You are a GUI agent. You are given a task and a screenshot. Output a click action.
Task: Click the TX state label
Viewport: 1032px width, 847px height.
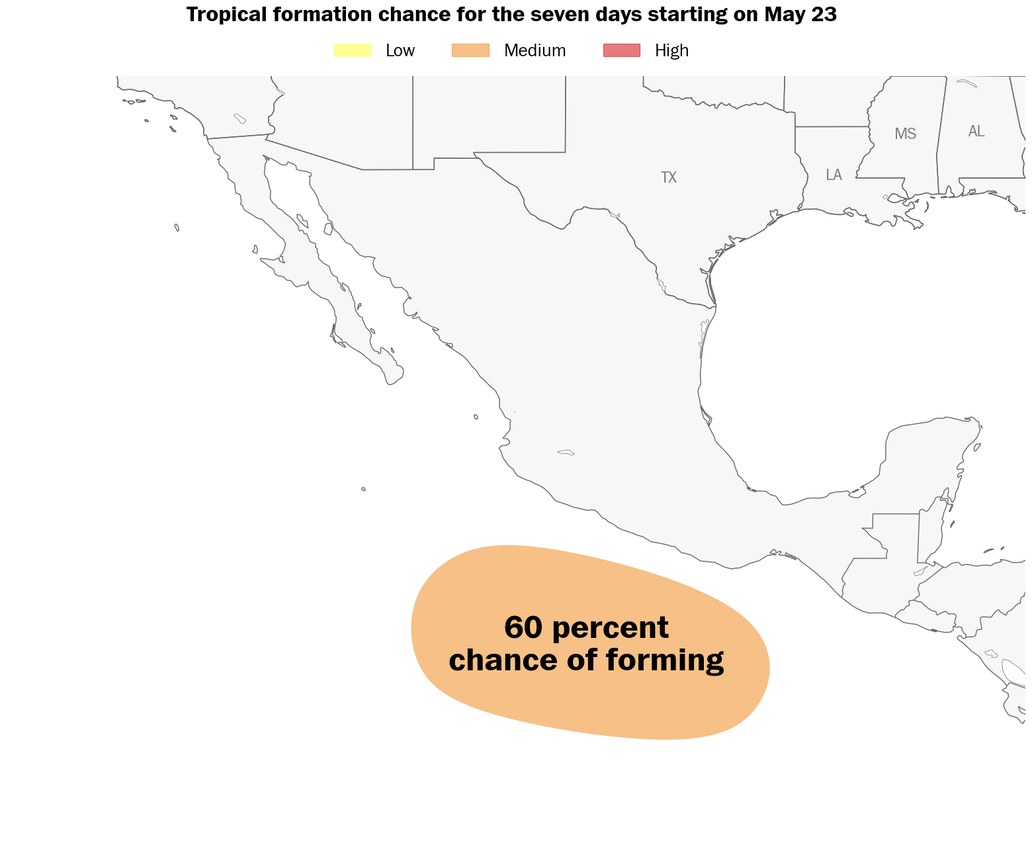(x=669, y=177)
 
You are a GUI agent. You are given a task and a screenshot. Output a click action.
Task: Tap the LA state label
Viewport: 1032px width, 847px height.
(x=834, y=175)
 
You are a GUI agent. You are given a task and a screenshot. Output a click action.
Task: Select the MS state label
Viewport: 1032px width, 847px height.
(x=905, y=134)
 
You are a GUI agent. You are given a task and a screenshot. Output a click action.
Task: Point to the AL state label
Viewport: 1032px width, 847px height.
(x=976, y=131)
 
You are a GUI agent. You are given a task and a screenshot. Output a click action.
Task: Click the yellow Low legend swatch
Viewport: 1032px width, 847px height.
(x=353, y=50)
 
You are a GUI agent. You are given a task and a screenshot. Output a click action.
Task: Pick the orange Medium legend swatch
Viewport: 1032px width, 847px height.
(x=470, y=50)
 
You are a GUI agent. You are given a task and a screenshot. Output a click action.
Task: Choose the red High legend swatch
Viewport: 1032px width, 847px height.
(x=622, y=50)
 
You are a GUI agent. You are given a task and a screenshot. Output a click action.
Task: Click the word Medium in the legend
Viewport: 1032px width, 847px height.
(x=535, y=50)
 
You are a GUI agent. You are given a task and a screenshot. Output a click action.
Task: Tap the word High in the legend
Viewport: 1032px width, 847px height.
(x=671, y=50)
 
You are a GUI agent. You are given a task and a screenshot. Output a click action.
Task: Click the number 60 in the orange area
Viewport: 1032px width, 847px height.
(x=523, y=627)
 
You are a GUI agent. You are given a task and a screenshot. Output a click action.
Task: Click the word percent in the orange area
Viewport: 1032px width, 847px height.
(x=610, y=629)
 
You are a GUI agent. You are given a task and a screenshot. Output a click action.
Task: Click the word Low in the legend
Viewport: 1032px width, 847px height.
(x=400, y=50)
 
